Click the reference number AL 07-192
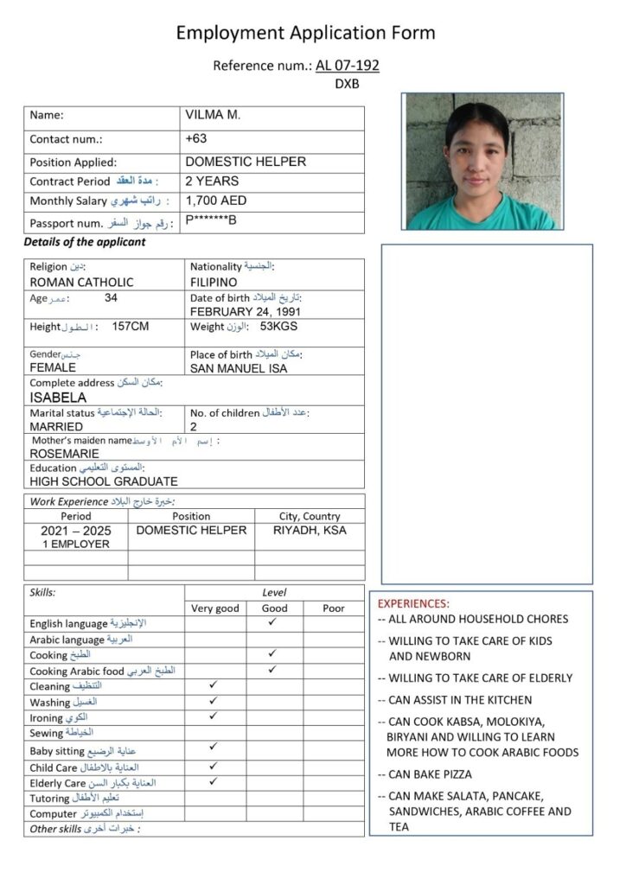click(348, 65)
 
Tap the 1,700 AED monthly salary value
click(216, 201)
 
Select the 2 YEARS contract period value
click(212, 181)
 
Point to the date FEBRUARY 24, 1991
click(246, 312)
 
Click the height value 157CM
click(131, 327)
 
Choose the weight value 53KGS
click(278, 327)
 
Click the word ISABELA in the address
click(58, 398)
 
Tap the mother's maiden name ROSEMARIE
click(64, 453)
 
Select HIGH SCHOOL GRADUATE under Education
click(104, 481)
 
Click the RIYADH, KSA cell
click(310, 530)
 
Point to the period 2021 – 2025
click(76, 531)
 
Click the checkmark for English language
click(272, 621)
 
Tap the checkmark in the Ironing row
click(214, 716)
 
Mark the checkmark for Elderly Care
click(214, 781)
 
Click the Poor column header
click(334, 608)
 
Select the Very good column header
click(214, 608)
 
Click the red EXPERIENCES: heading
click(414, 603)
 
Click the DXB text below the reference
click(347, 85)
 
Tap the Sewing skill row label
click(48, 733)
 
